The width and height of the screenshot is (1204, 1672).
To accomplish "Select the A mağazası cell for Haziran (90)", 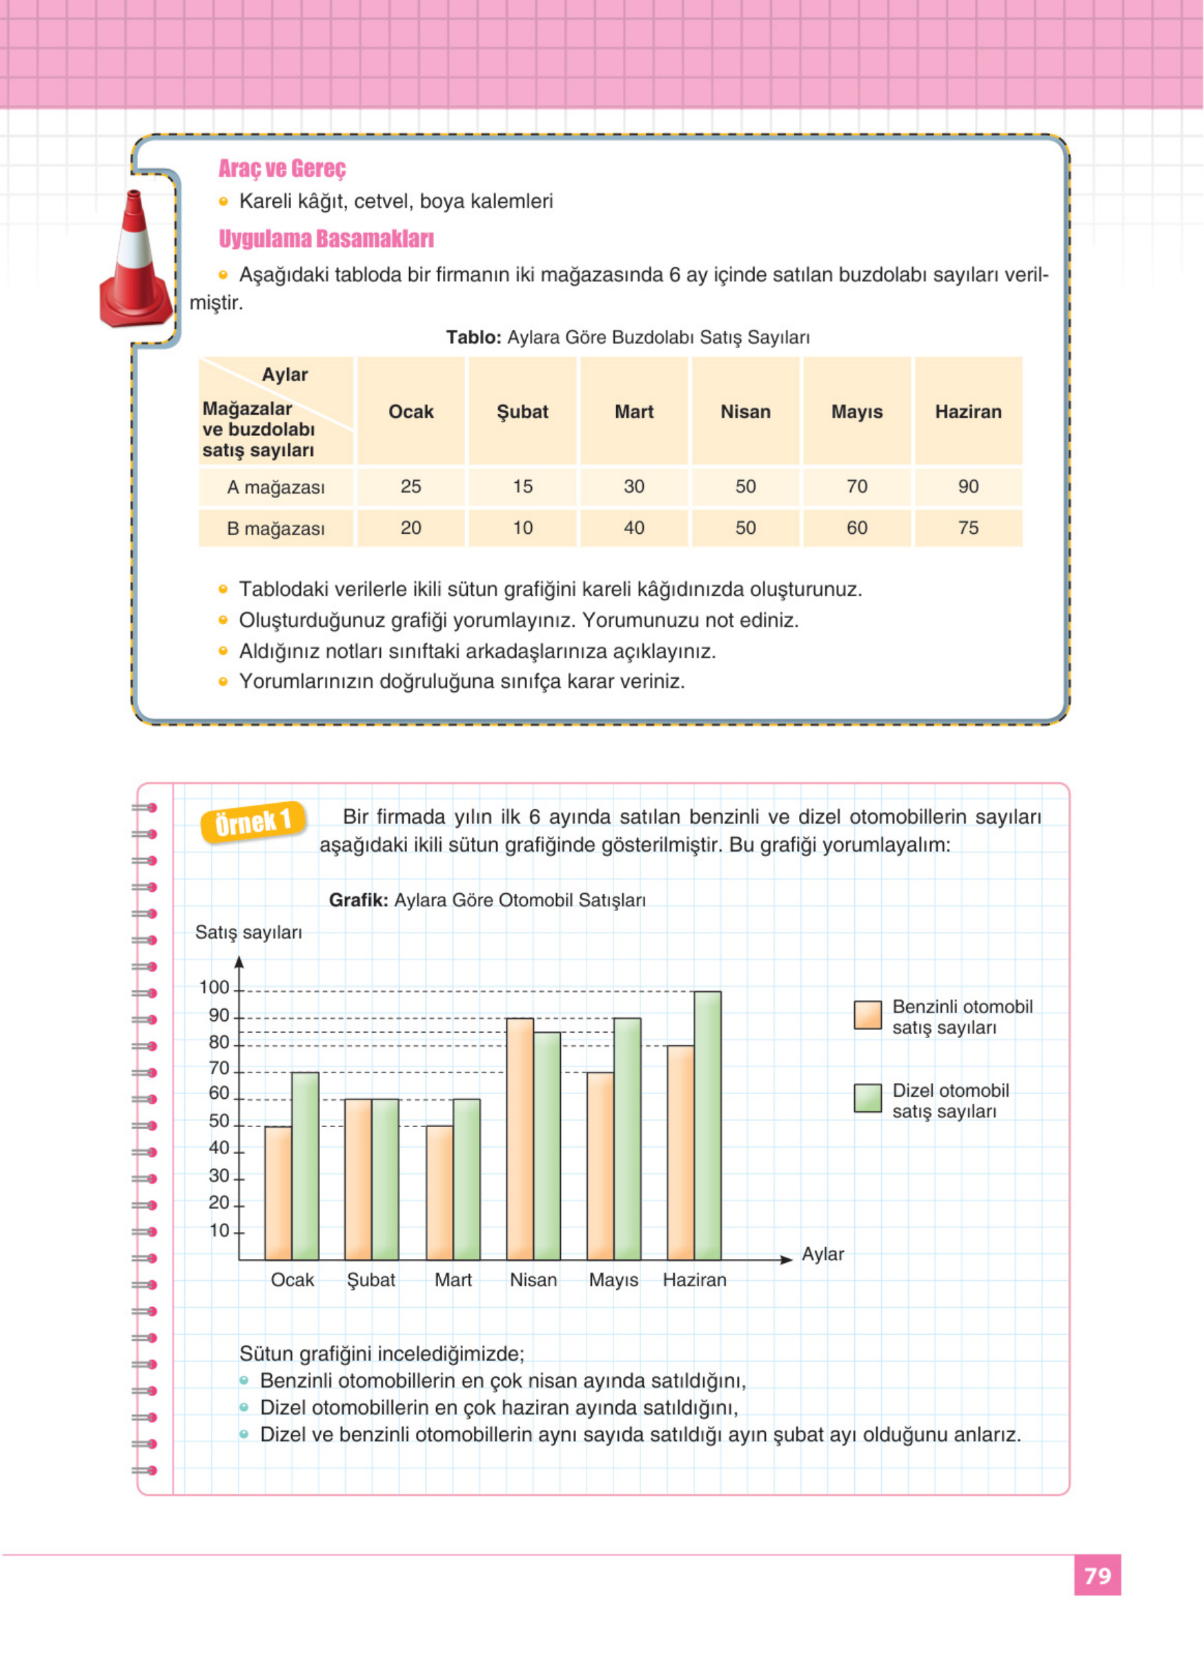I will tap(968, 486).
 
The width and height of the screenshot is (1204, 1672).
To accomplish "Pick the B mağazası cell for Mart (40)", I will tap(633, 528).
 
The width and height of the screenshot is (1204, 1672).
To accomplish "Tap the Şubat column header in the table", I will tap(522, 411).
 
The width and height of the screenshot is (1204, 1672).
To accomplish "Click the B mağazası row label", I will tap(276, 528).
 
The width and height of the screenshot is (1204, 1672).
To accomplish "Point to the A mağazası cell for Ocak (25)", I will tap(411, 486).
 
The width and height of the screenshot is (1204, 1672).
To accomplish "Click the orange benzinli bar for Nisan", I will tap(520, 1138).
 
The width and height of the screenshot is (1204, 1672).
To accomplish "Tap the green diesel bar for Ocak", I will tap(305, 1166).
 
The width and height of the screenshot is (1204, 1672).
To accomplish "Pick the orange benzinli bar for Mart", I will tap(440, 1192).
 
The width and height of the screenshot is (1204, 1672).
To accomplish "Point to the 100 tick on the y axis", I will tap(215, 988).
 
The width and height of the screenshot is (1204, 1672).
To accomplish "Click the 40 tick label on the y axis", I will tap(219, 1148).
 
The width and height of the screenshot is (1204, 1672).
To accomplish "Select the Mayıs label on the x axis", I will tap(613, 1280).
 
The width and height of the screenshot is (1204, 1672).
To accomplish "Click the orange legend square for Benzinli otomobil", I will tap(868, 1015).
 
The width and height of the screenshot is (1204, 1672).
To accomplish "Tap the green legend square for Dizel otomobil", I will tap(868, 1097).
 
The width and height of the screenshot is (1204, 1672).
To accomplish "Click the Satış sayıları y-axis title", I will tap(248, 933).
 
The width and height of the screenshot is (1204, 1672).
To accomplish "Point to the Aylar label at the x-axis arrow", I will tap(823, 1254).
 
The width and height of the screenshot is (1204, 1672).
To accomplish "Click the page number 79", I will tap(1097, 1575).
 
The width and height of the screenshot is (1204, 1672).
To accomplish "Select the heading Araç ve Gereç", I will tap(282, 169).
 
